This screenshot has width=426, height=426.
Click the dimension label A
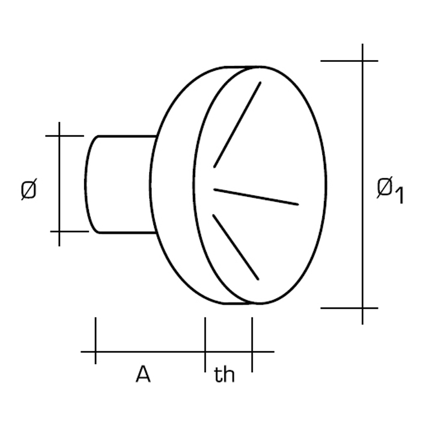click(x=143, y=374)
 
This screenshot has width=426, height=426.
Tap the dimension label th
click(x=224, y=374)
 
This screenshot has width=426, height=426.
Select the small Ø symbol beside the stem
click(x=28, y=189)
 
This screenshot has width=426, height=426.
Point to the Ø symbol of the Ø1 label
click(x=384, y=187)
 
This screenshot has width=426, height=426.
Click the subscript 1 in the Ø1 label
click(x=399, y=195)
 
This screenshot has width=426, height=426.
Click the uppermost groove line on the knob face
click(x=237, y=124)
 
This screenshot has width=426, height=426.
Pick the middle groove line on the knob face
click(x=256, y=196)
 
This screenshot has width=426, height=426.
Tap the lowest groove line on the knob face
click(x=236, y=247)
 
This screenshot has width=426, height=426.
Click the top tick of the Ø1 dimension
click(x=349, y=61)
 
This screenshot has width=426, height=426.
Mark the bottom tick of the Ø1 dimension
click(x=349, y=308)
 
